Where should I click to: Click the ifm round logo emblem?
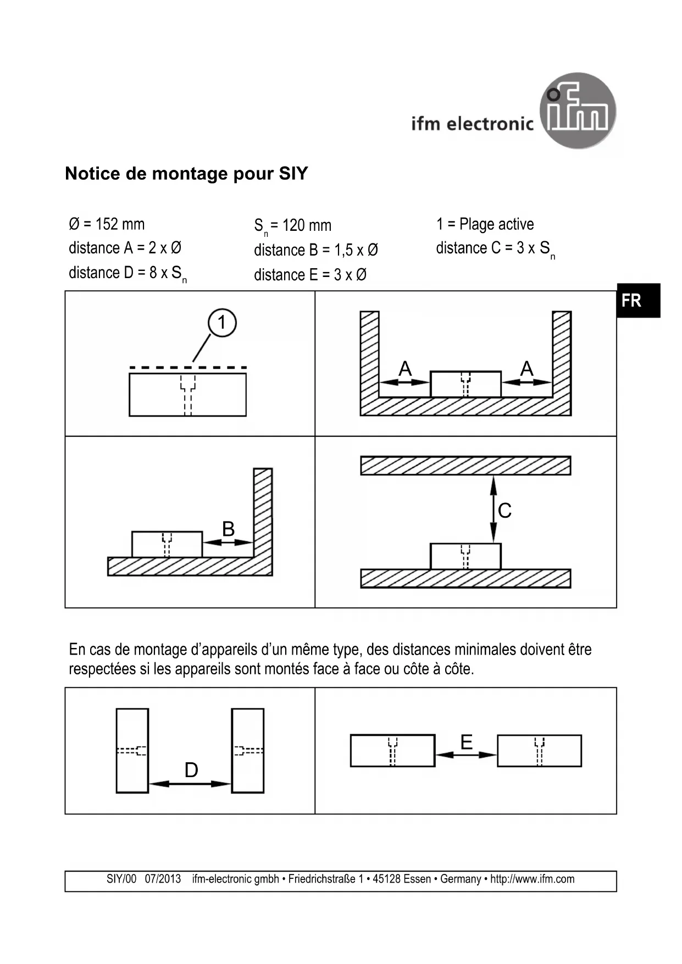coord(578,110)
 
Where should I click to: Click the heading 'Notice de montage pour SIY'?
coord(186,174)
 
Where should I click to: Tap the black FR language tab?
coord(637,301)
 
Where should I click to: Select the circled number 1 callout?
coord(222,323)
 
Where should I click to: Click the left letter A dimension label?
coord(405,369)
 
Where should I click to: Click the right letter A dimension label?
coord(526,369)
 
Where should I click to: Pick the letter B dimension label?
coord(228,529)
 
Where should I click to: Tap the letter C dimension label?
coord(504,511)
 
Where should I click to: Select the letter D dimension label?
coord(191,770)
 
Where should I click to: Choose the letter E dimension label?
coord(466,743)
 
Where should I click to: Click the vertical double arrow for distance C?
coord(494,509)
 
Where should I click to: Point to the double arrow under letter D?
coord(190,784)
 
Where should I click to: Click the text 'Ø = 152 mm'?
coord(107,224)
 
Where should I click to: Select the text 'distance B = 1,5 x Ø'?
coord(315,250)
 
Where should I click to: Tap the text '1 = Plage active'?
coord(485,224)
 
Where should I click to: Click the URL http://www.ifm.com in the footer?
coord(532,879)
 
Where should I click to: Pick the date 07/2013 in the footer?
coord(163,879)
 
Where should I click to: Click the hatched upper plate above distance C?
coord(465,466)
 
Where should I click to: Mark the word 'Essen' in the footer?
coord(417,879)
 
